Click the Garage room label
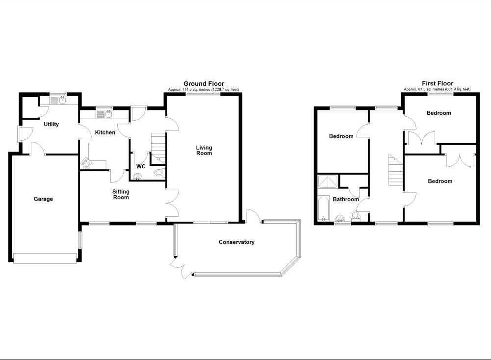(43, 199)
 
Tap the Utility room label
(52, 125)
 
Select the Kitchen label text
(105, 133)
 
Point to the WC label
(141, 167)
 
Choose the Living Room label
(204, 150)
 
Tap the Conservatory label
(236, 242)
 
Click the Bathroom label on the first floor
(346, 200)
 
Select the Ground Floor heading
(204, 84)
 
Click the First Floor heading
(438, 84)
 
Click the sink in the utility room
(62, 101)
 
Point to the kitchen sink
(106, 114)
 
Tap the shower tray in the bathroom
(328, 182)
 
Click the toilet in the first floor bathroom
(357, 215)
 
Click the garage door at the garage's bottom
(45, 258)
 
